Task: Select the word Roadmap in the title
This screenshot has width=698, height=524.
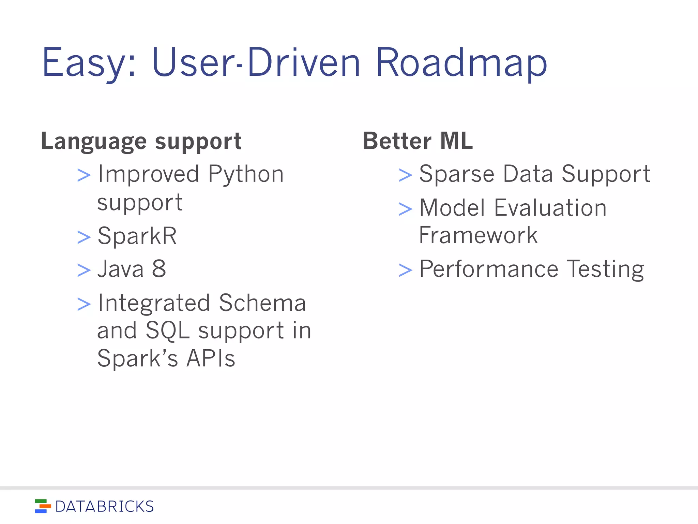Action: (x=461, y=63)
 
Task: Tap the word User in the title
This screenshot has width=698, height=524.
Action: (x=193, y=63)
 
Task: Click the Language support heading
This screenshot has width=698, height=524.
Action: (x=141, y=141)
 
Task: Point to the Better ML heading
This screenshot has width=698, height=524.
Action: (x=418, y=141)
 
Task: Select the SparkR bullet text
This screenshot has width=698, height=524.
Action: (x=137, y=236)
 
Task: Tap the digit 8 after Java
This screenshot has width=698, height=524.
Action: (x=159, y=269)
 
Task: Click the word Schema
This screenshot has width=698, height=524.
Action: (x=262, y=303)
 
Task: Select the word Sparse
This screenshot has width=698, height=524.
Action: (x=456, y=174)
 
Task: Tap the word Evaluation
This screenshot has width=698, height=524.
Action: (x=550, y=208)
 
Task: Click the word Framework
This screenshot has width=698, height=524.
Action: (x=478, y=235)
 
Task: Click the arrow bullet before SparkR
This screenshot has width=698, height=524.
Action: (x=84, y=237)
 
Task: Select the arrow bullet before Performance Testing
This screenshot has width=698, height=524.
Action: (x=405, y=270)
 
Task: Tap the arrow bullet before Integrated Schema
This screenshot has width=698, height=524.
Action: (x=84, y=304)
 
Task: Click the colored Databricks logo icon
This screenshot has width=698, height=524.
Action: (x=43, y=506)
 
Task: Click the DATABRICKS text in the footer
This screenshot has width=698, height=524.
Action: (x=104, y=507)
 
